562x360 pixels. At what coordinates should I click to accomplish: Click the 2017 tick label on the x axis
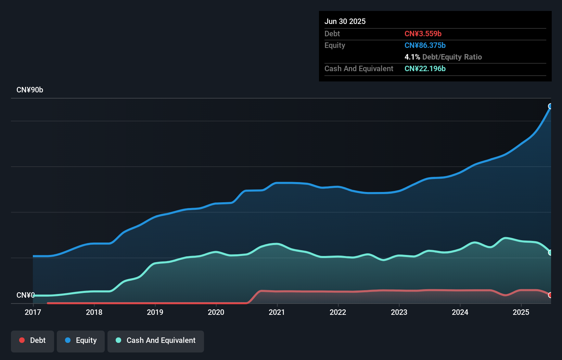(x=33, y=312)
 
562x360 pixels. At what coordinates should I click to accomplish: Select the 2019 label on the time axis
(x=155, y=312)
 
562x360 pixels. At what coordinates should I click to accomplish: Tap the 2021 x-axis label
(x=277, y=312)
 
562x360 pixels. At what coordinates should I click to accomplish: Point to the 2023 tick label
(x=399, y=312)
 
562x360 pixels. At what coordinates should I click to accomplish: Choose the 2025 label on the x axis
(x=521, y=312)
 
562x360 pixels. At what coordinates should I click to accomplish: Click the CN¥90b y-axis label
(x=30, y=90)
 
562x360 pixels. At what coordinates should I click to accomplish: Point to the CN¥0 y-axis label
(x=25, y=295)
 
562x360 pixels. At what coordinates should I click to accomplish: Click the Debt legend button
(x=33, y=340)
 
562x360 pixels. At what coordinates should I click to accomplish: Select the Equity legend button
(x=81, y=340)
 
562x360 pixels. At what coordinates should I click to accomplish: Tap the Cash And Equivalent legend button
(x=156, y=340)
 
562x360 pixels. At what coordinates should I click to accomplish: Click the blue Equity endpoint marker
(x=550, y=106)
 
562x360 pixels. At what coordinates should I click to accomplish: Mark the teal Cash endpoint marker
(x=550, y=253)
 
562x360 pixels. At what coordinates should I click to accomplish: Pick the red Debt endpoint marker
(x=550, y=295)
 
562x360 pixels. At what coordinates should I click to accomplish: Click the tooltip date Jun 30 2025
(x=345, y=21)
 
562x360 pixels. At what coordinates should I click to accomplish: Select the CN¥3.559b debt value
(x=423, y=34)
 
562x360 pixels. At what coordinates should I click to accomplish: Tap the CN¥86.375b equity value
(x=425, y=45)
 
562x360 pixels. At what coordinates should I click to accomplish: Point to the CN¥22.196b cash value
(x=425, y=68)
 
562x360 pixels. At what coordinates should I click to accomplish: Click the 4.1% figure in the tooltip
(x=412, y=57)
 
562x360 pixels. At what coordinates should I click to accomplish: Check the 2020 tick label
(x=216, y=312)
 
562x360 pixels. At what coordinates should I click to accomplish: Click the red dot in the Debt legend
(x=22, y=340)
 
